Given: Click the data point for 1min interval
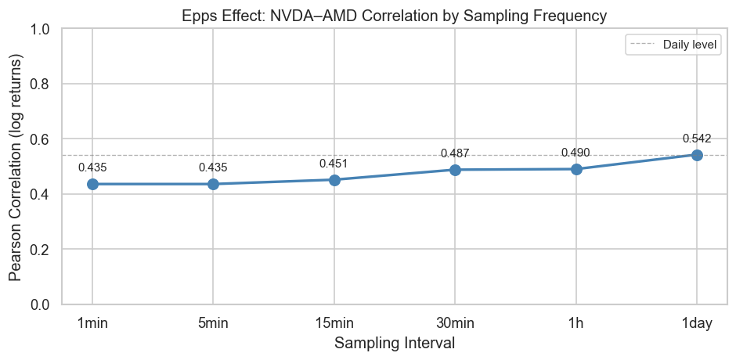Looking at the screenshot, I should click(x=92, y=184).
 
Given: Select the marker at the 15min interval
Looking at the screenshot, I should click(x=334, y=180).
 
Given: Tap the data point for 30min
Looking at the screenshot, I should click(x=455, y=170).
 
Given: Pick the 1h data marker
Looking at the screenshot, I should click(x=576, y=169).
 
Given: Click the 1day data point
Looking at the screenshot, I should click(x=697, y=155).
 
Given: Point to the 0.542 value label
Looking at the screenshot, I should click(x=697, y=139).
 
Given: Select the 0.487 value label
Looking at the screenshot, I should click(x=455, y=153).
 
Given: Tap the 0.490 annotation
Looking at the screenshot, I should click(x=576, y=153).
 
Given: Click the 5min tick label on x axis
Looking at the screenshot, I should click(x=213, y=322).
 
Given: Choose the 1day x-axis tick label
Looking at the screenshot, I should click(x=697, y=322).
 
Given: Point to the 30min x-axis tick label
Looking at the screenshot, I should click(x=455, y=322).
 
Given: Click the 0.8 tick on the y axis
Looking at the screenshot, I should click(x=45, y=84).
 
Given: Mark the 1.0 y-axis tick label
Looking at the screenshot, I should click(x=45, y=29).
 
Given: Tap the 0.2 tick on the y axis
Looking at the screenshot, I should click(x=45, y=250).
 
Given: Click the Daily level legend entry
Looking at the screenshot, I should click(x=689, y=45).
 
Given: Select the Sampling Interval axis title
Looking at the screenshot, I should click(x=395, y=343).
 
